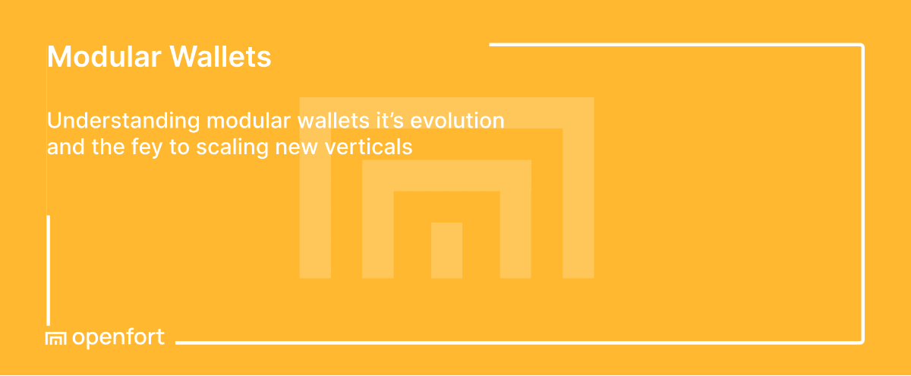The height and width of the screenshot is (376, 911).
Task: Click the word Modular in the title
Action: (103, 57)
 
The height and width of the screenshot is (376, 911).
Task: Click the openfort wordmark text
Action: (118, 338)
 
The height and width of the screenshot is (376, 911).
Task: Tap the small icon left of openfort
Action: (56, 339)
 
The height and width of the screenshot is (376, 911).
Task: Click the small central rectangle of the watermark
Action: (446, 250)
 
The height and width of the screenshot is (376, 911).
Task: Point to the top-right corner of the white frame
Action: (862, 46)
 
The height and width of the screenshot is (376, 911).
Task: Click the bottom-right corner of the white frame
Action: (862, 341)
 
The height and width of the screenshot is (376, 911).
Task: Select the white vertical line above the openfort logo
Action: (49, 270)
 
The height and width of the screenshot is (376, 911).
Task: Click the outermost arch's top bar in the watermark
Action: (446, 112)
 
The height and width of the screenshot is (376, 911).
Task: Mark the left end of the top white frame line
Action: (492, 45)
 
